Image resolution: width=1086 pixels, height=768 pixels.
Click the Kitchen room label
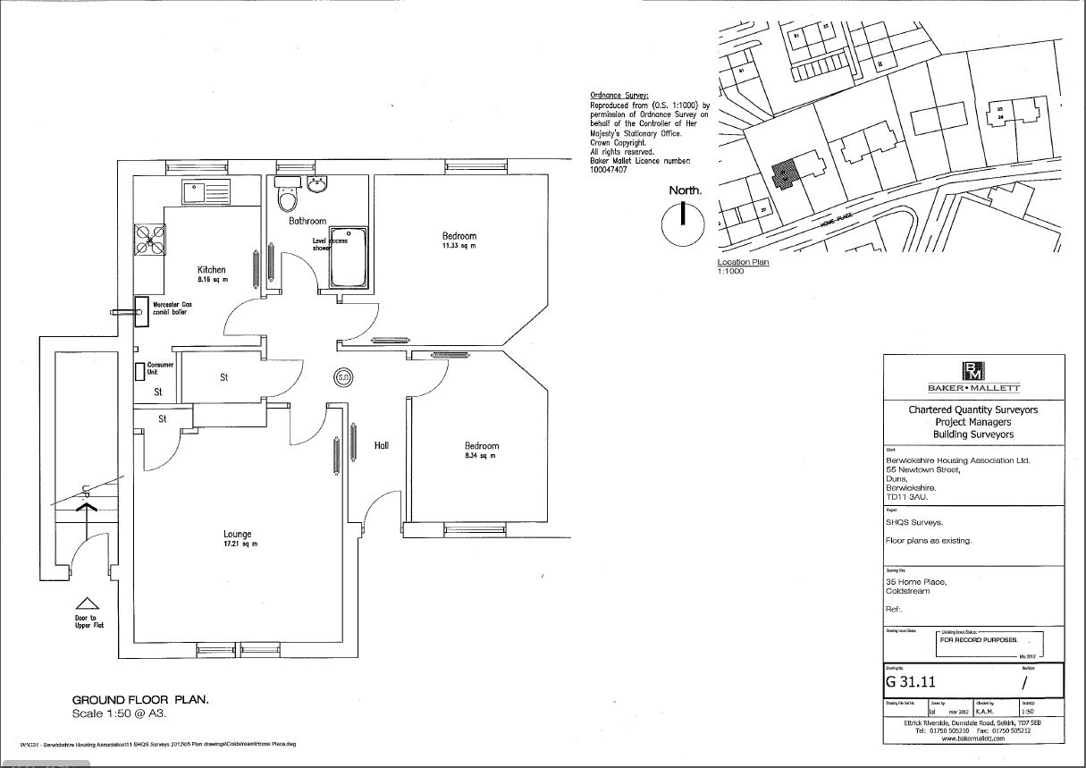point(212,269)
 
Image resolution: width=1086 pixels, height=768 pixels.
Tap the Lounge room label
point(238,534)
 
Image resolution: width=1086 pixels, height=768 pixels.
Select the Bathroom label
point(307,220)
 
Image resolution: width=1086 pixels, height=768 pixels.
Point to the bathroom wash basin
point(317,184)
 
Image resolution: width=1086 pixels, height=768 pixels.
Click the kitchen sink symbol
point(205,190)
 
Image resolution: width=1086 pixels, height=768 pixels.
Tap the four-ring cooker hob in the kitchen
point(148,238)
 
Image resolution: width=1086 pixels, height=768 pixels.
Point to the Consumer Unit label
point(160,368)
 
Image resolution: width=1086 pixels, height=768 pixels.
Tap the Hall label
point(382,444)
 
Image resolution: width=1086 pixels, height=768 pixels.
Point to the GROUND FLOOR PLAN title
point(140,700)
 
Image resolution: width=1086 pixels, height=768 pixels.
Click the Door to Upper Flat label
point(89,620)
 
